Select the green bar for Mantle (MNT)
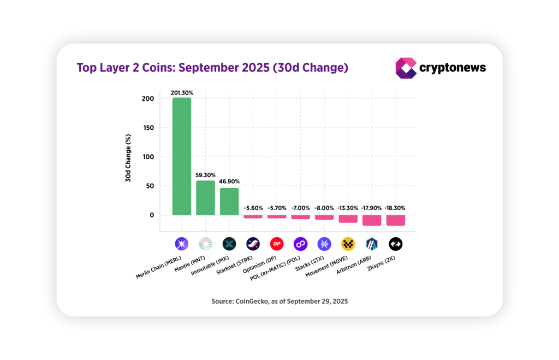(205, 197)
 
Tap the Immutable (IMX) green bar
(229, 201)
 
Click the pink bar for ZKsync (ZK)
(395, 220)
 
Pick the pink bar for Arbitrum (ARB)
(372, 220)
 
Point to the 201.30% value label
(182, 93)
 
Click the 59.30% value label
(205, 176)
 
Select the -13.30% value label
(348, 208)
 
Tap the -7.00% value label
(300, 208)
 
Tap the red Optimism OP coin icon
(277, 244)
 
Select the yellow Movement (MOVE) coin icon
(348, 244)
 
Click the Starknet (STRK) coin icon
(253, 244)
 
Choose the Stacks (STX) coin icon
(324, 244)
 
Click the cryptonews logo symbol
(406, 68)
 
